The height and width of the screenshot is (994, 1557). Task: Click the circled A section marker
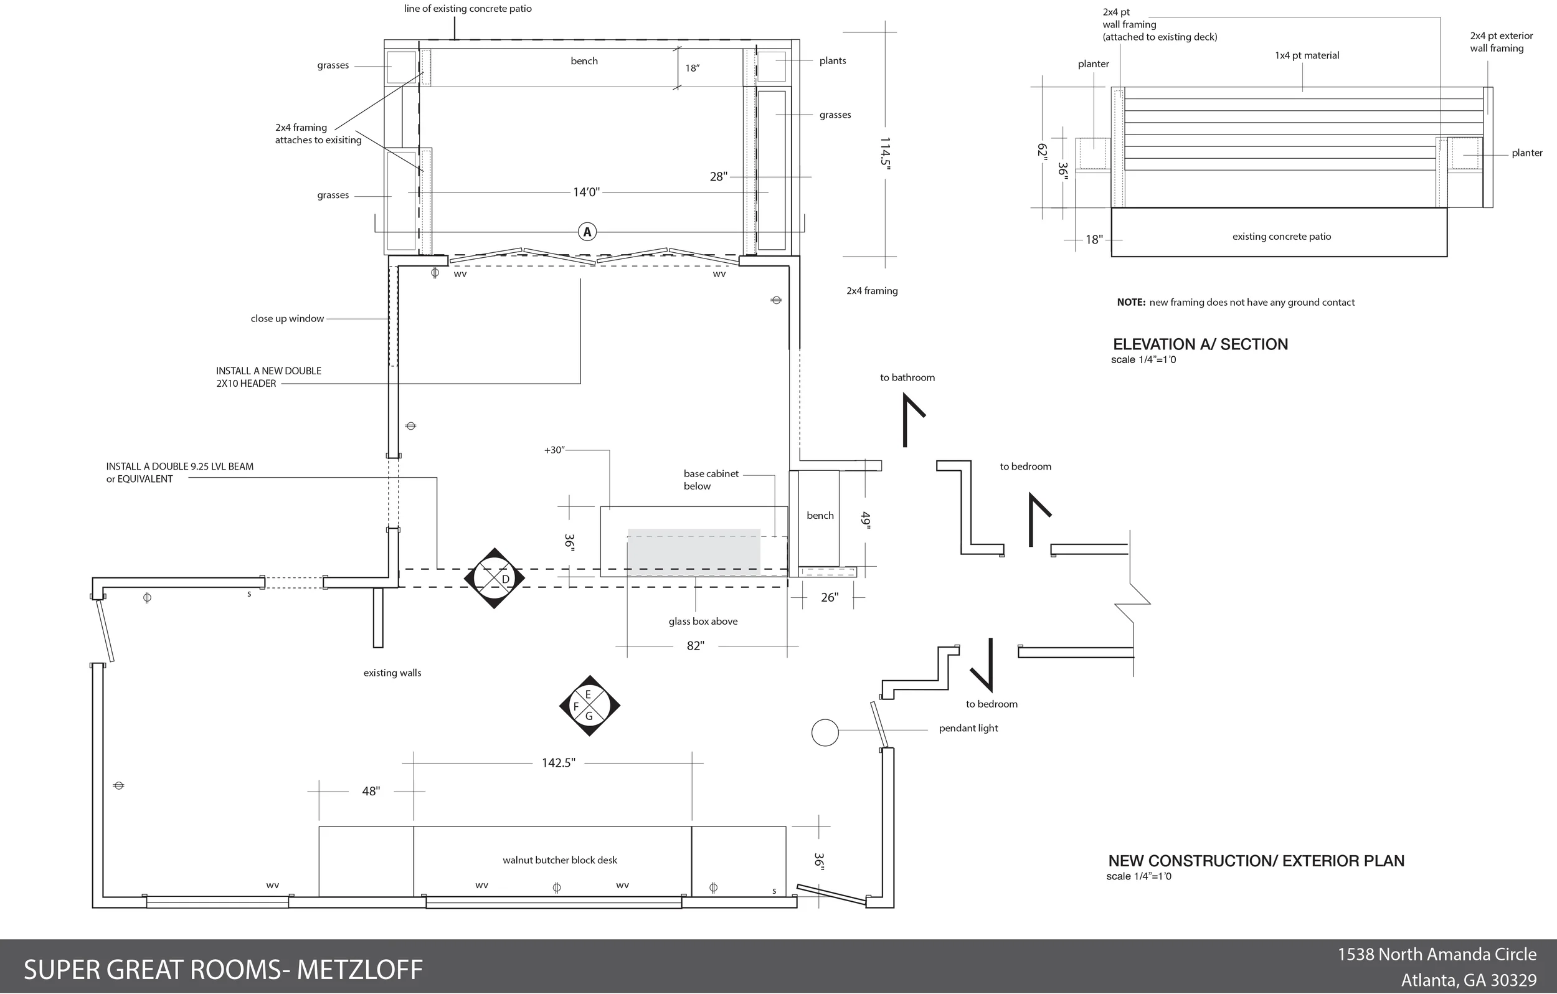coord(587,232)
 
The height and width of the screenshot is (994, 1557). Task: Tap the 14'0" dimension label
coord(587,192)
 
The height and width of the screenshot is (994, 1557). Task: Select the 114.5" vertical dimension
coord(885,153)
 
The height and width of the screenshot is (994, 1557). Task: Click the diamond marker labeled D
coord(495,577)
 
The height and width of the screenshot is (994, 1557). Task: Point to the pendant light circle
coord(825,732)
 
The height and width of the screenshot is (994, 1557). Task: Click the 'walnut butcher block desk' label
coord(559,860)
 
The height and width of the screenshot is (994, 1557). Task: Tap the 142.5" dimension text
coord(558,763)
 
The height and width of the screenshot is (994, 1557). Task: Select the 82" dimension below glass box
coord(695,645)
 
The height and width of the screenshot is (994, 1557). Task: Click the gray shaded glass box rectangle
coord(693,552)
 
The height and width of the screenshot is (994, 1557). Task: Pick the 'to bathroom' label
coord(907,377)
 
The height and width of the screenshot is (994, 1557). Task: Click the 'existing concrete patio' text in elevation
coord(1281,237)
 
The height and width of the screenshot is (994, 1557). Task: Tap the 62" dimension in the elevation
coord(1042,150)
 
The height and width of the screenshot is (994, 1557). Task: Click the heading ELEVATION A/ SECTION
coord(1200,344)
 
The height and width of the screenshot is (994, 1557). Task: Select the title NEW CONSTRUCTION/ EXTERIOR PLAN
coord(1256,861)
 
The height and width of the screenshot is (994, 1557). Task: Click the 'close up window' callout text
coord(287,319)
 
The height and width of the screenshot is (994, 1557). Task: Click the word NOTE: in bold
coord(1131,303)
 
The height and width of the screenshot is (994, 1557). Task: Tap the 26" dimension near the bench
coord(829,597)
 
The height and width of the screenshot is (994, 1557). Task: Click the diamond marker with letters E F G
coord(589,706)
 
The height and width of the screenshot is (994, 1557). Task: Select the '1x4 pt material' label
coord(1306,55)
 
